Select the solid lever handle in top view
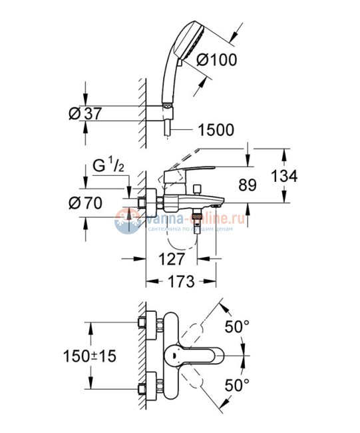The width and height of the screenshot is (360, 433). pyautogui.click(x=198, y=355)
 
